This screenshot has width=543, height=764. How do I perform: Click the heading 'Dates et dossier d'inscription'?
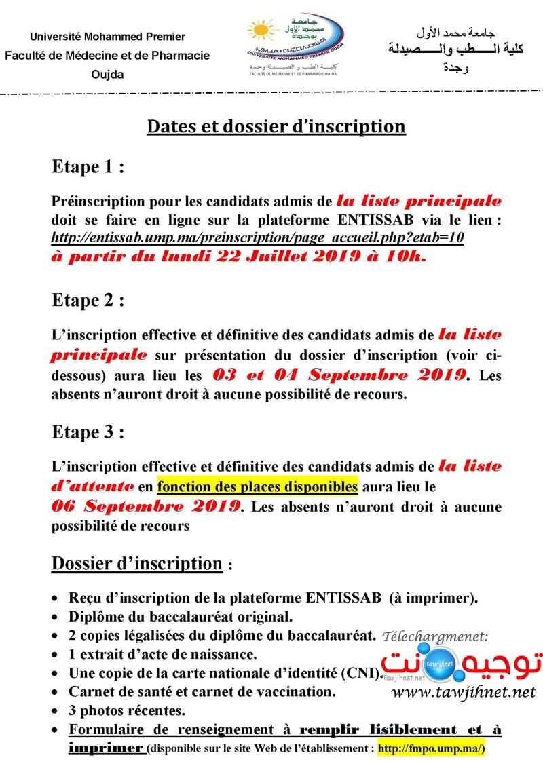(276, 127)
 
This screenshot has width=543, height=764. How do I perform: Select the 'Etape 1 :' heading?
(88, 168)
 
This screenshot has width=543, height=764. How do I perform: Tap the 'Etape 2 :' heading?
(88, 300)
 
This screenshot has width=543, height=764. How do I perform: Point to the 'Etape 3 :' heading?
(88, 432)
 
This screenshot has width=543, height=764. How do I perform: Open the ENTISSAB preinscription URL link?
(257, 238)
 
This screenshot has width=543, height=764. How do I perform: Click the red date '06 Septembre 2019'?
(147, 506)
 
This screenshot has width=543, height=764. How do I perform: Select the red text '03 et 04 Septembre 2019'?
(340, 375)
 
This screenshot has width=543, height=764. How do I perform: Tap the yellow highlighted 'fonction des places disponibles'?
(257, 486)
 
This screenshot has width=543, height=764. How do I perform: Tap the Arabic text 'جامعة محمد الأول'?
(455, 33)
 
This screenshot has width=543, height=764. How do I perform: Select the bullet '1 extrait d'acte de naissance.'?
(162, 655)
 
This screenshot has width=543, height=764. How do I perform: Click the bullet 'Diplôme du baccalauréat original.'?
(181, 617)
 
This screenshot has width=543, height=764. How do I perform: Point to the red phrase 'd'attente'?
(93, 486)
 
